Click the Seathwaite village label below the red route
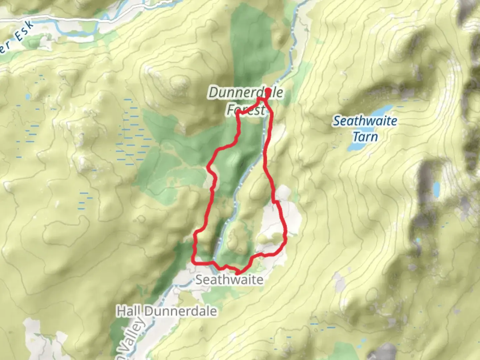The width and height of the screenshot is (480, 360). pos(229,280)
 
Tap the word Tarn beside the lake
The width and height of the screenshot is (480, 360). pos(365,137)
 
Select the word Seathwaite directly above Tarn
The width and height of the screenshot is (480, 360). pos(365,121)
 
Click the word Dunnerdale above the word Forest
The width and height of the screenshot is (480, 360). pos(246,93)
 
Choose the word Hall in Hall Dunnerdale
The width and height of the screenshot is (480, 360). pos(129,311)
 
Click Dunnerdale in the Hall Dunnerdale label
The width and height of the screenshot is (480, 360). pos(181,311)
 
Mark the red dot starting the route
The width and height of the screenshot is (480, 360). pos(268,91)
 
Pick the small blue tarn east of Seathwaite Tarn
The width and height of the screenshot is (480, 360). pos(436,189)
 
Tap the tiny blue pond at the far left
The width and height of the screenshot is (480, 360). pos(28,97)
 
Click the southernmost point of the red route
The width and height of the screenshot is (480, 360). pos(237,273)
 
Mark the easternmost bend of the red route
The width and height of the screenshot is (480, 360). pos(286,233)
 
